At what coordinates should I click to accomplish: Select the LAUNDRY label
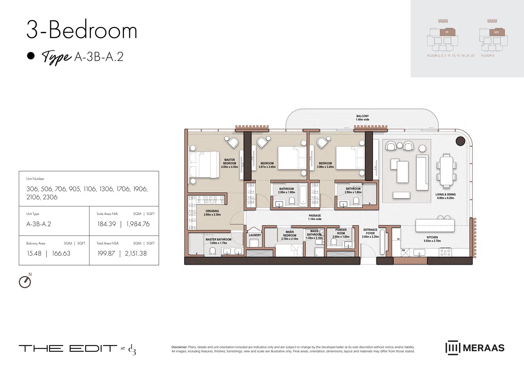tap(255, 235)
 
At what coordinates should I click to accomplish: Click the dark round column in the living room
tap(460, 141)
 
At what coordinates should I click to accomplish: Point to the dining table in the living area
tap(446, 171)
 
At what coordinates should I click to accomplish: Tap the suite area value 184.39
tap(107, 224)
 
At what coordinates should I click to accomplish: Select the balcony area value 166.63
tap(61, 254)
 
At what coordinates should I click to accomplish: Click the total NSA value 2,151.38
tap(136, 254)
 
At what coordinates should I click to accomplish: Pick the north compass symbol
tap(25, 282)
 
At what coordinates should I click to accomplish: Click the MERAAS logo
tap(475, 348)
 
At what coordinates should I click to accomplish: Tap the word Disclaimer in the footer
tap(179, 347)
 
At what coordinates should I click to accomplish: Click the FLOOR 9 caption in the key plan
tap(487, 56)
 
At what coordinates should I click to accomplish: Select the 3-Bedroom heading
tap(82, 30)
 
